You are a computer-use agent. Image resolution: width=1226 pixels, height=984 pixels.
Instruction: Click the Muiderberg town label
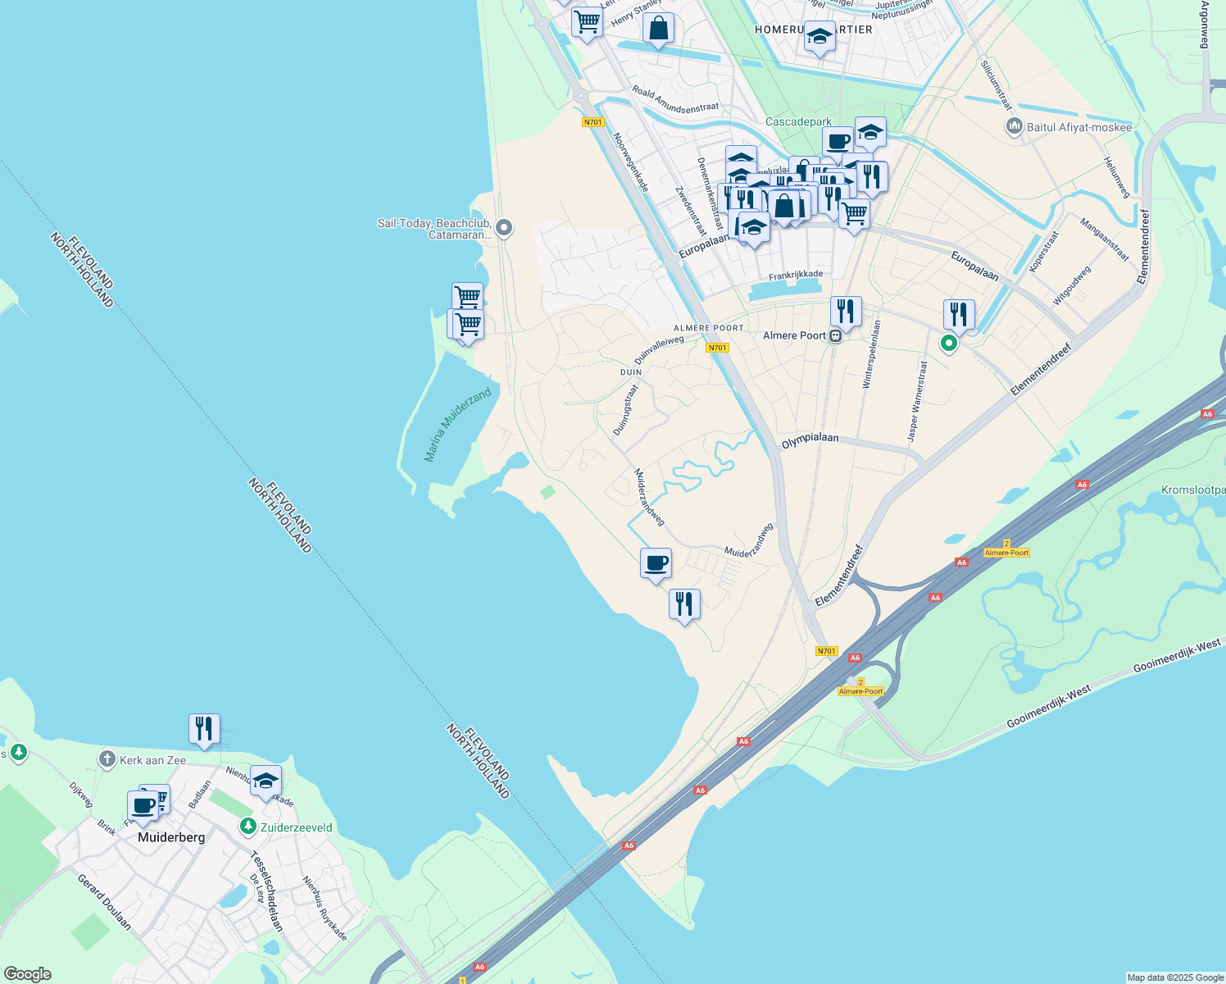pyautogui.click(x=171, y=837)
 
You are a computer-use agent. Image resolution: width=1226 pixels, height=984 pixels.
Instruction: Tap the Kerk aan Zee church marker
pyautogui.click(x=107, y=759)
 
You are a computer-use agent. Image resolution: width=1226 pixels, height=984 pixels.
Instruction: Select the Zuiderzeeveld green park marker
pyautogui.click(x=247, y=827)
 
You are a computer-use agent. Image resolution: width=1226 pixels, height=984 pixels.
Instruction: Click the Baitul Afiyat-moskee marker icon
pyautogui.click(x=1014, y=127)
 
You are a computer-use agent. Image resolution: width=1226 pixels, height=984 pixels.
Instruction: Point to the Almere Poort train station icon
pyautogui.click(x=835, y=335)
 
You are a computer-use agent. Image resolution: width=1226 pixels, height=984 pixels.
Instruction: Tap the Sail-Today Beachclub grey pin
pyautogui.click(x=504, y=228)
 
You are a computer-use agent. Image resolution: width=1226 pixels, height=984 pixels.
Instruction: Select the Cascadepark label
pyautogui.click(x=798, y=121)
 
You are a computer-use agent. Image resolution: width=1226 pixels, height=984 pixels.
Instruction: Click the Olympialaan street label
pyautogui.click(x=810, y=439)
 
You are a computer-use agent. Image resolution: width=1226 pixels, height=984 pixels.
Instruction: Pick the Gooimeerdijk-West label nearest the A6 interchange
pyautogui.click(x=1048, y=707)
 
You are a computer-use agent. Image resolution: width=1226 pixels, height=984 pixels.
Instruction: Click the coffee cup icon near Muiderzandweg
pyautogui.click(x=656, y=563)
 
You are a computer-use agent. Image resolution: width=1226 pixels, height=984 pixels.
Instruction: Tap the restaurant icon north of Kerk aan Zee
pyautogui.click(x=204, y=728)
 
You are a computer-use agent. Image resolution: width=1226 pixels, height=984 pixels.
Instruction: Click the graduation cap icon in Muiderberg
pyautogui.click(x=266, y=781)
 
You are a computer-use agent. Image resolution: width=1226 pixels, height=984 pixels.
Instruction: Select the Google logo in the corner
pyautogui.click(x=27, y=974)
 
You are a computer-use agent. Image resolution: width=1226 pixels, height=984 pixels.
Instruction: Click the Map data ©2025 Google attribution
pyautogui.click(x=1175, y=977)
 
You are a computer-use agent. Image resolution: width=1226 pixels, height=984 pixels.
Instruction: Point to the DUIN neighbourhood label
pyautogui.click(x=631, y=372)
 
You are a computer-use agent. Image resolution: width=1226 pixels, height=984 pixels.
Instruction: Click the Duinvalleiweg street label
pyautogui.click(x=659, y=350)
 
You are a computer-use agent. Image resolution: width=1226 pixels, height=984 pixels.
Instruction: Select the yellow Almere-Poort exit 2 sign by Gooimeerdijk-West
pyautogui.click(x=860, y=687)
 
